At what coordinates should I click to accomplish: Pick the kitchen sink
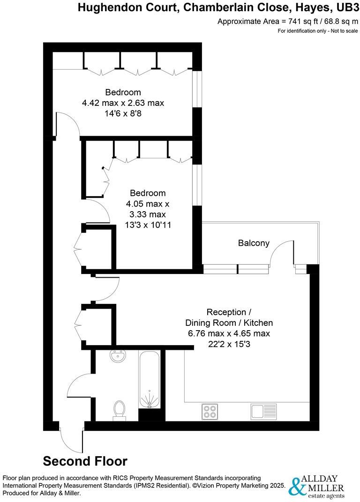[x=263, y=411]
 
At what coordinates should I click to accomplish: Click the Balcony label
[x=254, y=243]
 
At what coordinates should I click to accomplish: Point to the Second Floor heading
[x=85, y=461]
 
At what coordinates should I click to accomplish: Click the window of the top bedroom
[x=199, y=89]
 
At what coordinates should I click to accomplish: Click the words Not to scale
[x=342, y=31]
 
